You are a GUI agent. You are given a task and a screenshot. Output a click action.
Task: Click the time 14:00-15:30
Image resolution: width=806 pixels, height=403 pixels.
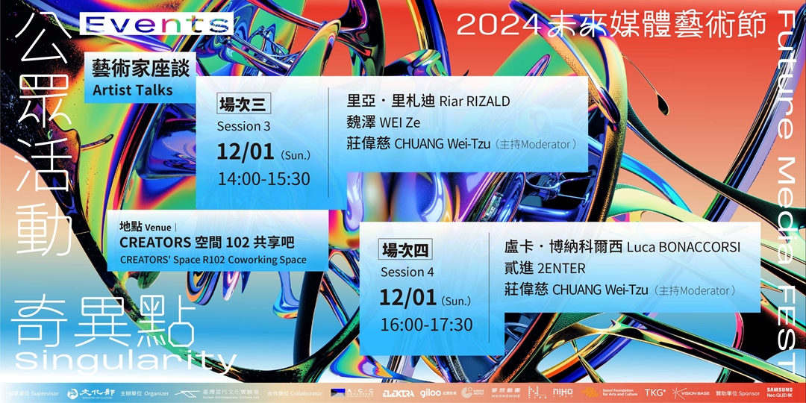(263, 179)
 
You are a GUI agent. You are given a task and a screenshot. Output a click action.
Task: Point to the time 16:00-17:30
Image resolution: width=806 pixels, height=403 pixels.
(427, 325)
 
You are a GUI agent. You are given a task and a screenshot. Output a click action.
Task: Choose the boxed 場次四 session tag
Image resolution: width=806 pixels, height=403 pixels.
(406, 250)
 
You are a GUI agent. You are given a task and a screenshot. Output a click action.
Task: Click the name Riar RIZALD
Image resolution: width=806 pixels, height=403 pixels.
(475, 101)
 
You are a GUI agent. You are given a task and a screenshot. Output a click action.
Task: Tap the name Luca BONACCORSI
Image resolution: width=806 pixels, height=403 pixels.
(684, 247)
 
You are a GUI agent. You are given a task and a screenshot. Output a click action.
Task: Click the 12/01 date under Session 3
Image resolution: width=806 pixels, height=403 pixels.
(247, 152)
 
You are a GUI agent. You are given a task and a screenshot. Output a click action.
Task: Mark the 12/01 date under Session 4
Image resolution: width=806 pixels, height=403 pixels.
(407, 298)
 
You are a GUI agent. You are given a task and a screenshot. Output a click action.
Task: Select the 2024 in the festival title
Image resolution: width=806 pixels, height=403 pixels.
(498, 25)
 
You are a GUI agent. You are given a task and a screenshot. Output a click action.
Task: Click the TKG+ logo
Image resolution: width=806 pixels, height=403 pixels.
(655, 393)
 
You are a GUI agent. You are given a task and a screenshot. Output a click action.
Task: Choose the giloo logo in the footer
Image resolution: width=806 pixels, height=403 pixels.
(431, 393)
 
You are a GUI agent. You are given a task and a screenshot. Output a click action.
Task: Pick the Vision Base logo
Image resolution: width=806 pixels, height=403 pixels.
(690, 393)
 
